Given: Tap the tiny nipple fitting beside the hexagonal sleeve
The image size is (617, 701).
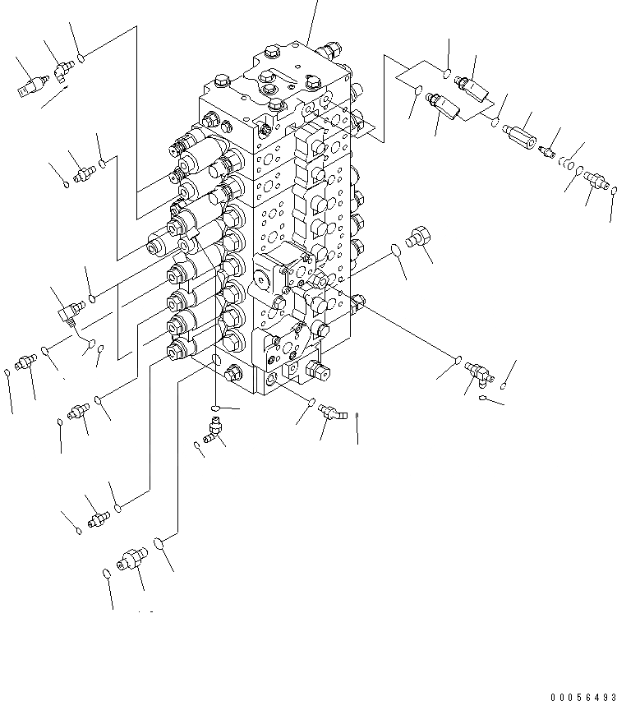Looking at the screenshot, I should coord(550,151).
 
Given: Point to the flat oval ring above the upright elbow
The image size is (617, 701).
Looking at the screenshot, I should coord(214,408).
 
